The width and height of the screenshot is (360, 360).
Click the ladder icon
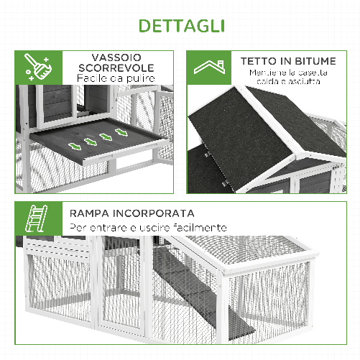click(x=35, y=218)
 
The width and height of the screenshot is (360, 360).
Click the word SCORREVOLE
click(x=116, y=68)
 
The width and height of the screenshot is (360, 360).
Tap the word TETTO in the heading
click(x=257, y=61)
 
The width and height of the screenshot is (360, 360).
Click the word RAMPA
click(x=91, y=213)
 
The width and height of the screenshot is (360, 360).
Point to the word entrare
click(x=103, y=227)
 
